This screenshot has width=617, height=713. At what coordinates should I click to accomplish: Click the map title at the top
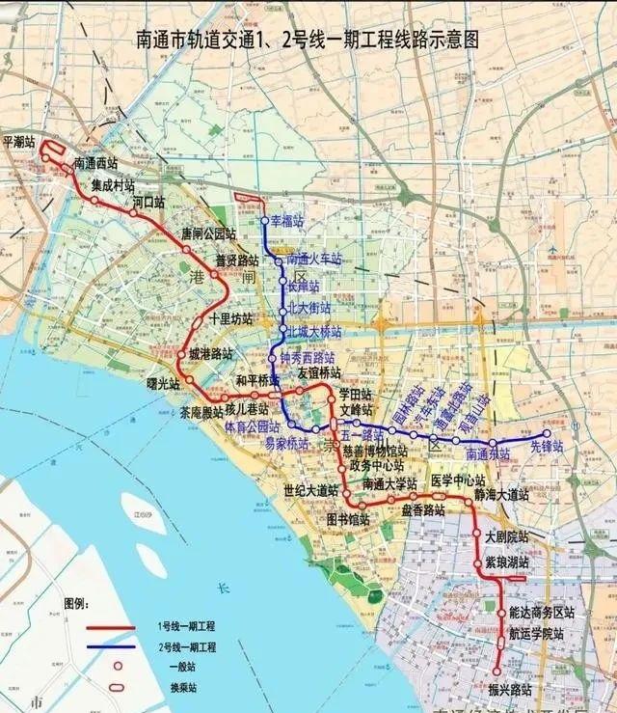coord(308,40)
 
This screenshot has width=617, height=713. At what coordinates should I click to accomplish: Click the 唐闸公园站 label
coord(208,233)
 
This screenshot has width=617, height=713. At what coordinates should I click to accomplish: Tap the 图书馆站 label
coord(348,517)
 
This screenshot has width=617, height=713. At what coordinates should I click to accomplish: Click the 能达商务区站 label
coord(541,614)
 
